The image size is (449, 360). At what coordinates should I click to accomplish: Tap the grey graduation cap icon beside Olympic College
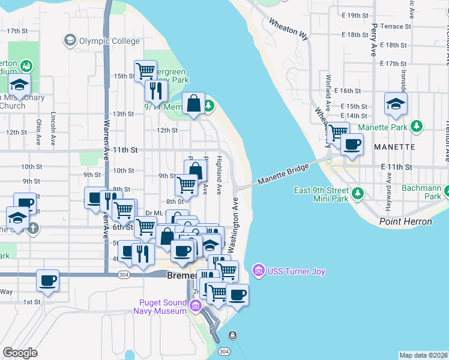(70, 41)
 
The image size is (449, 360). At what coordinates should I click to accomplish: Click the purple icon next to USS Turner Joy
(258, 271)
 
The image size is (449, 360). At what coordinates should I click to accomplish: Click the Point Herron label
(405, 221)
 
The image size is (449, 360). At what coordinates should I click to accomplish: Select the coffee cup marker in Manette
(352, 145)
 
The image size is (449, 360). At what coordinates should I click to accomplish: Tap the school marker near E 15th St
(396, 104)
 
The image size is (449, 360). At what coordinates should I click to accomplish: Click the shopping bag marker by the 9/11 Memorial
(194, 104)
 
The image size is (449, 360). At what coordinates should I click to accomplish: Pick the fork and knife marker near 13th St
(155, 91)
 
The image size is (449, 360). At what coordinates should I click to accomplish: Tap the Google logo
(20, 353)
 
